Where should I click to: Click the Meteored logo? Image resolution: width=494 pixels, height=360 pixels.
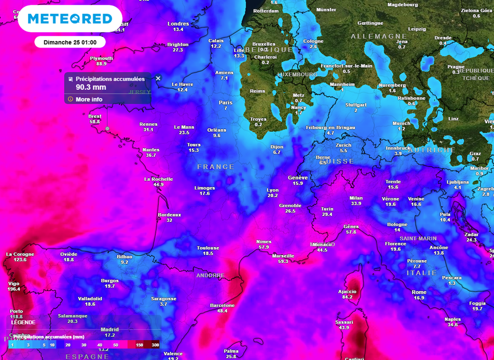click(x=70, y=19)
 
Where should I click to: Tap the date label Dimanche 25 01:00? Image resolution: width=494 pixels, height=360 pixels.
click(x=70, y=42)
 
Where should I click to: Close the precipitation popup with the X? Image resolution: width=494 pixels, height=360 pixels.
click(x=158, y=78)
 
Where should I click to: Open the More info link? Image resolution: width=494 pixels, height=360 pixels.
click(x=89, y=99)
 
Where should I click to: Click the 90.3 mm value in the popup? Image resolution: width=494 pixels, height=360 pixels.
click(x=91, y=88)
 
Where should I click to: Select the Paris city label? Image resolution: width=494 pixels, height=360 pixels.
click(x=225, y=102)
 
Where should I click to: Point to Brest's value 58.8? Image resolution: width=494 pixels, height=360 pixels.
click(x=95, y=122)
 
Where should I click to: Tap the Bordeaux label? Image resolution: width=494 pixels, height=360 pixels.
click(x=169, y=215)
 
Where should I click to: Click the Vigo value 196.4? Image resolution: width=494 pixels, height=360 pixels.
click(x=14, y=289)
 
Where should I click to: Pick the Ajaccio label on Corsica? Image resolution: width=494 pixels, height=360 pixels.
click(x=347, y=291)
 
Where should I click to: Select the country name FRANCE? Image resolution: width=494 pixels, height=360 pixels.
click(x=215, y=167)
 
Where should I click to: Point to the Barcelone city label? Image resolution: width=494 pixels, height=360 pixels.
click(x=222, y=305)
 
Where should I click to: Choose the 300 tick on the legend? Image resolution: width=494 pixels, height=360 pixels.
click(x=155, y=345)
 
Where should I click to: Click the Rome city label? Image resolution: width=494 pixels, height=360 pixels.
click(x=419, y=292)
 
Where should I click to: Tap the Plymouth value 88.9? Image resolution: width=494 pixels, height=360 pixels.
click(x=101, y=64)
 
